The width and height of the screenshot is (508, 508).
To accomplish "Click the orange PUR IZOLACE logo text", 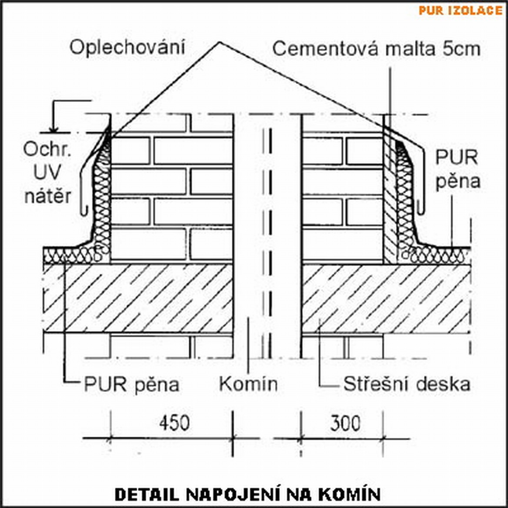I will coord(460,10).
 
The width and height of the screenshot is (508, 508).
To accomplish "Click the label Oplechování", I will coord(127,47).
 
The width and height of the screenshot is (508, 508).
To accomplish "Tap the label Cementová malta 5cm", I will coord(376,49).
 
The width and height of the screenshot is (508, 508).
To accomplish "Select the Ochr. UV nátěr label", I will coord(47,173).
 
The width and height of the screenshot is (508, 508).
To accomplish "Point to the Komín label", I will coord(248,384).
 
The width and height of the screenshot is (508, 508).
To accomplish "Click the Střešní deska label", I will coord(407,384).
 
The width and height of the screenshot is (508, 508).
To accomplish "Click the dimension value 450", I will coord(174,423).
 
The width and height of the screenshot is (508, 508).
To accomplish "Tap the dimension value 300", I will coord(345,423).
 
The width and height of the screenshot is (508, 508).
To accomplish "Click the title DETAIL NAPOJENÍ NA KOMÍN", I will coord(247,494).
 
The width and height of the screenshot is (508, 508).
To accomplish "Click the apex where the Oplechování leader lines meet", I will coord(220,43).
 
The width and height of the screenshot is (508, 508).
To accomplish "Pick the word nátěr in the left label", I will coord(47,196).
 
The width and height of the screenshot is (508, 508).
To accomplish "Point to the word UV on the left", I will coord(47,173).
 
